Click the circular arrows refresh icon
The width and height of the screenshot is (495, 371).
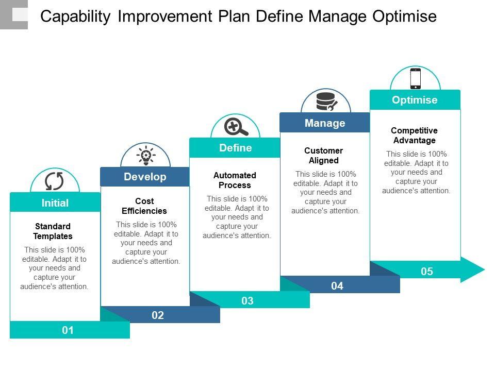coord(54,181)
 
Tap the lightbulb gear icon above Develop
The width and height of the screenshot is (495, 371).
coord(145,155)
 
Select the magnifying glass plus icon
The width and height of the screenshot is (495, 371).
coord(236,127)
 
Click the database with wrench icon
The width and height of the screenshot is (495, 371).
coord(327,102)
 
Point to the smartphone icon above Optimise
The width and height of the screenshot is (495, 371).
coord(416,78)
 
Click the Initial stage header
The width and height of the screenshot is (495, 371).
coord(55,202)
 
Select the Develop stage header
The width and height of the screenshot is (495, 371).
coord(145,177)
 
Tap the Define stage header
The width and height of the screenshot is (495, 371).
coord(235,148)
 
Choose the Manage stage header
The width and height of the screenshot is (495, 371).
coord(325,123)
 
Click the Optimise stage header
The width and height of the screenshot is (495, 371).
coord(415,99)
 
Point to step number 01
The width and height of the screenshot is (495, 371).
coord(68,330)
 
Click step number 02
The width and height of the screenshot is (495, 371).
coord(158,315)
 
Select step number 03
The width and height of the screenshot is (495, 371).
coord(247,300)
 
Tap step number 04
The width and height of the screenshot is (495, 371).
coord(337,286)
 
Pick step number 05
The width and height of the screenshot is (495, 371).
coord(427,272)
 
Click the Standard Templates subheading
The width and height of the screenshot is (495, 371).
coord(53,231)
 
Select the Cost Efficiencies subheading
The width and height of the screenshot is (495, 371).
coord(144,206)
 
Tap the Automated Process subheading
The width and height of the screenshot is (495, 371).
coord(235,180)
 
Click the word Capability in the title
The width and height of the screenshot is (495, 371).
coord(76,16)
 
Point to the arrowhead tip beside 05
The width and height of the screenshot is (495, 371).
coord(484,269)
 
